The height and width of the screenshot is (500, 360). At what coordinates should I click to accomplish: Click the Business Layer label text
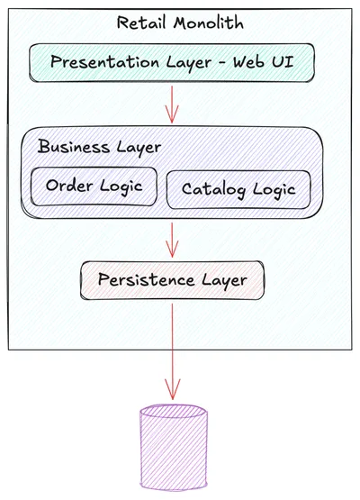click(x=99, y=147)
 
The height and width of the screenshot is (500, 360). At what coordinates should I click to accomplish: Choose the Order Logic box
click(x=94, y=186)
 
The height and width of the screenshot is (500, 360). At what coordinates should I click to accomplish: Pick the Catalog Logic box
click(x=238, y=189)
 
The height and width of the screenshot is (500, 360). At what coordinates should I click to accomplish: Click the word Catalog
click(x=212, y=189)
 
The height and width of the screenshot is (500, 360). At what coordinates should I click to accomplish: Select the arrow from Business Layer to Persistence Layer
click(x=172, y=239)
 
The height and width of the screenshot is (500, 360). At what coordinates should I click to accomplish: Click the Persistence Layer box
click(x=173, y=279)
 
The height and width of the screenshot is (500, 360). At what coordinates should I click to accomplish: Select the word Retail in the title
click(x=140, y=22)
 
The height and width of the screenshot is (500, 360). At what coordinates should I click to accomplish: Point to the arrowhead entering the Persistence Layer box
click(x=172, y=254)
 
